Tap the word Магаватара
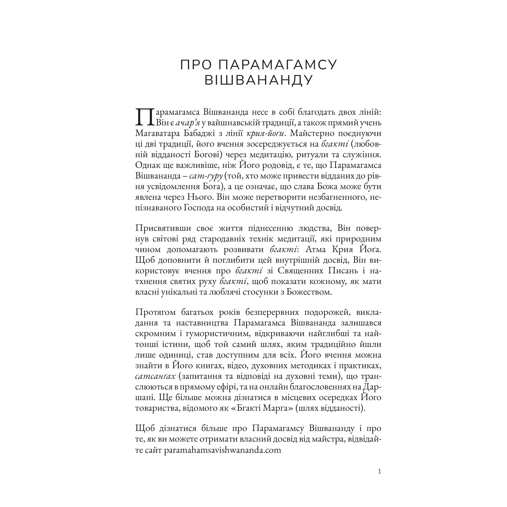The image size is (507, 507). tap(158, 133)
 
